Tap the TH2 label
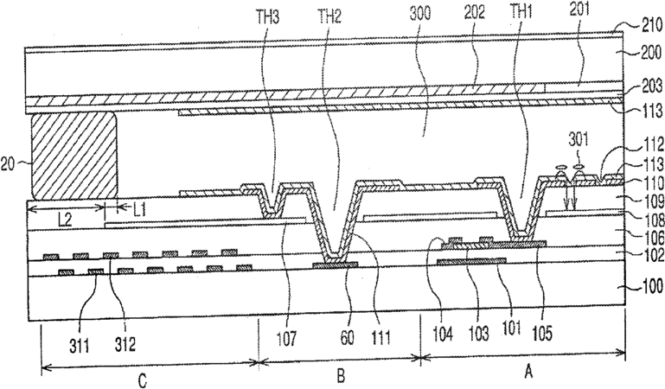[329, 14]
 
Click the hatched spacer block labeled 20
[74, 156]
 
